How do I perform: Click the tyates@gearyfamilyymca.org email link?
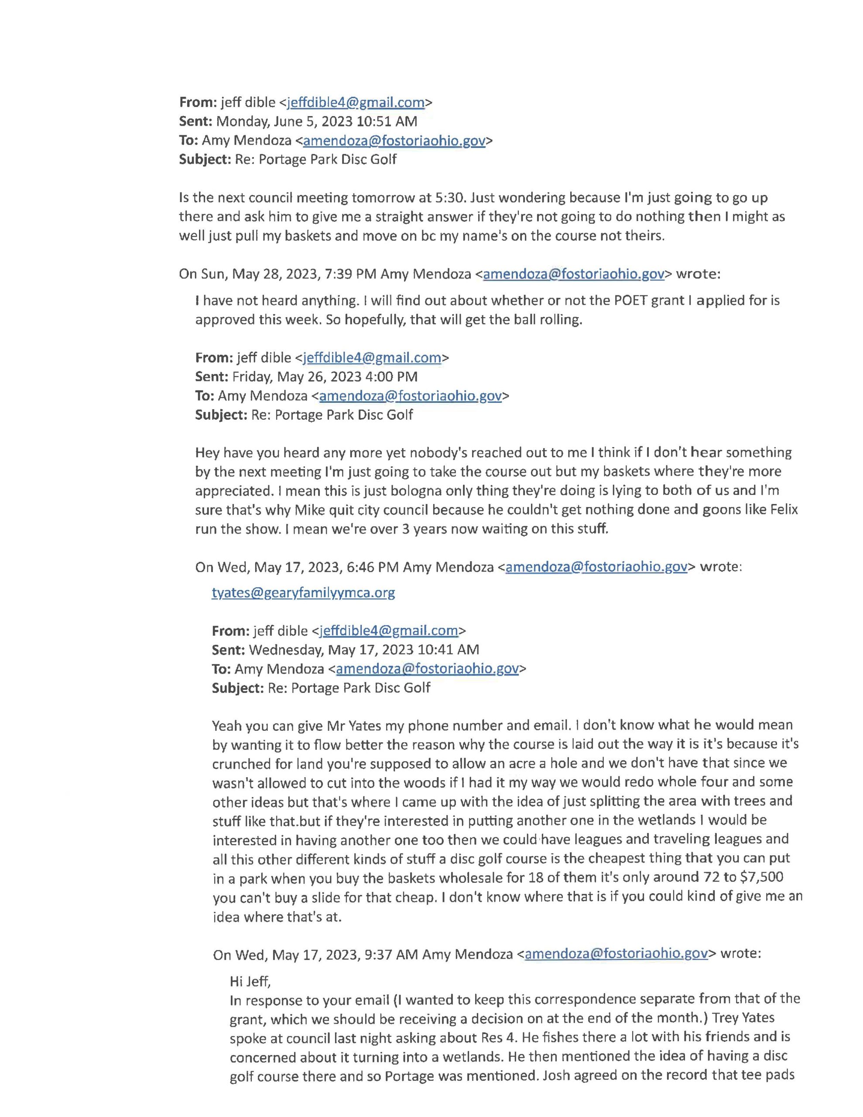coord(303,593)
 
